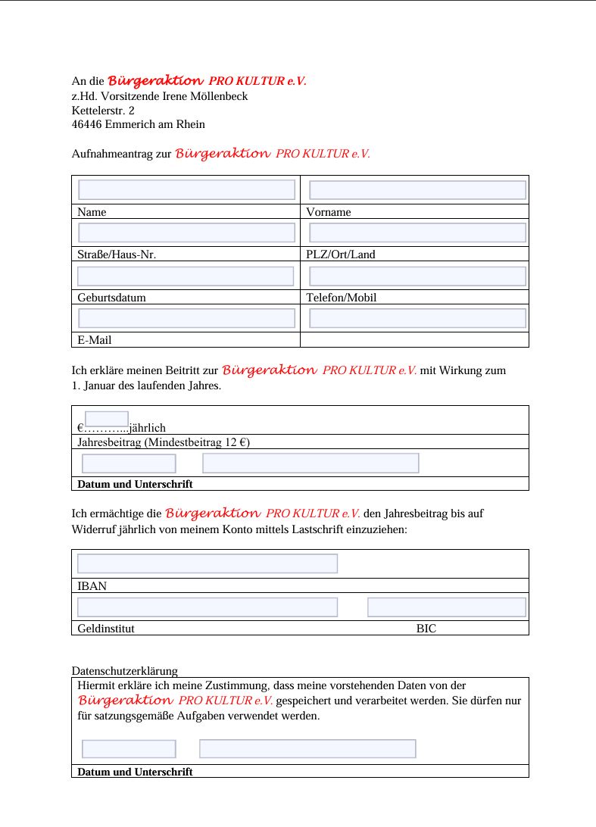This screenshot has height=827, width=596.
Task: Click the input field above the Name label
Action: [x=186, y=190]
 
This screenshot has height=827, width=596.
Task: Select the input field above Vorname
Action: [x=417, y=190]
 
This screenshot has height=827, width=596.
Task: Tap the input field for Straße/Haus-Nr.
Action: [x=186, y=232]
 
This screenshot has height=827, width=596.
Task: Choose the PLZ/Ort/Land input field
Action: [x=417, y=232]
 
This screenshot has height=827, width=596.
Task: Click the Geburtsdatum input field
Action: [x=186, y=276]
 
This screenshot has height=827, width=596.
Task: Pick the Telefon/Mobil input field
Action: [x=417, y=276]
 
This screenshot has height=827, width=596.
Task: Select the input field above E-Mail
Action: [x=186, y=318]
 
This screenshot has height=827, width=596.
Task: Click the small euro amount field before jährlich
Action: [x=107, y=419]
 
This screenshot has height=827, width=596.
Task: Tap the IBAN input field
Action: [x=207, y=563]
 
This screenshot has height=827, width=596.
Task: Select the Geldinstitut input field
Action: [x=207, y=607]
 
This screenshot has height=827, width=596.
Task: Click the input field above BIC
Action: [x=446, y=607]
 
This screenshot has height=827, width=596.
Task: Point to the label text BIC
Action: [x=426, y=629]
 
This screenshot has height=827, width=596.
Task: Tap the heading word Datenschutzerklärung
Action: [x=124, y=671]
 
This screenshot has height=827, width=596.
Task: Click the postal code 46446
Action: [x=87, y=124]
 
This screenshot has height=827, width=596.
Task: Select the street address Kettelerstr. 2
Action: [x=103, y=111]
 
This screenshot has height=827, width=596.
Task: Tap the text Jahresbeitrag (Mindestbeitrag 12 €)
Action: [x=164, y=442]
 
